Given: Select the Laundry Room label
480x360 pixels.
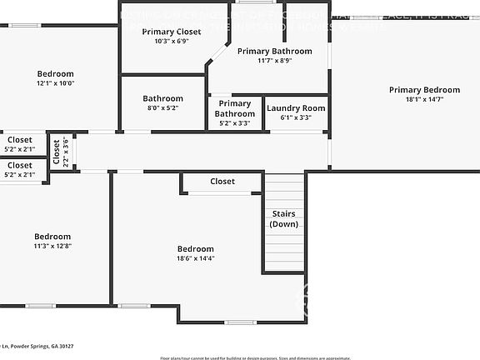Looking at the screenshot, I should pos(296,108).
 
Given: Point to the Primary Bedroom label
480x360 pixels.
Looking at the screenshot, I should pos(424,90).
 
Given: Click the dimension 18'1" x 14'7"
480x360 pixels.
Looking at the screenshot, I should pos(424,99).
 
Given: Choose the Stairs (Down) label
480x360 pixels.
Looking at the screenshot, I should pos(284,219).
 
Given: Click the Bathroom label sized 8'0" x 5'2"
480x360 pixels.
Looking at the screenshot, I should pos(162,98).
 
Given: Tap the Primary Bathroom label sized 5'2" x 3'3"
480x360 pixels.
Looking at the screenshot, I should pos(235,108).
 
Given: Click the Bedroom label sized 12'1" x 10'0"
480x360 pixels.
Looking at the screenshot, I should pos(55,73).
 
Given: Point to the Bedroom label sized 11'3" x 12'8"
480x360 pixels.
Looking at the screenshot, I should pos(52,237).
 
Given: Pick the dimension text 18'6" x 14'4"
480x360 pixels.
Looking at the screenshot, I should pos(196,258).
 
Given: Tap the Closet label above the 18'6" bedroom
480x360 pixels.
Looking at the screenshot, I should pos(222,181).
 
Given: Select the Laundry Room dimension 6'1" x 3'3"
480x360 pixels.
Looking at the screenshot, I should pos(296,118).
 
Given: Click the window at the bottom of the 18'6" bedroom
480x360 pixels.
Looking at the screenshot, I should pos(241,322).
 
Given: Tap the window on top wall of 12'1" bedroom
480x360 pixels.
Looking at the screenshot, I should pos(25,25).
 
